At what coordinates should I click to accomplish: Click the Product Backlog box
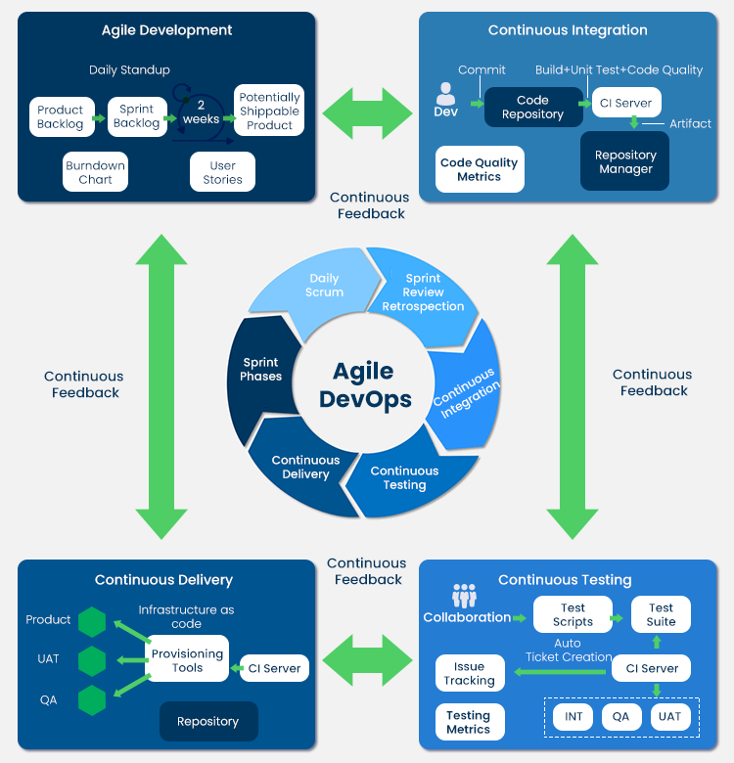61,117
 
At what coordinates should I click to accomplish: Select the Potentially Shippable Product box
269,111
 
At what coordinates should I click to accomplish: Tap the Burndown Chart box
95,173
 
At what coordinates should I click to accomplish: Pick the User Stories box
222,173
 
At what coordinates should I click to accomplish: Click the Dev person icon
445,94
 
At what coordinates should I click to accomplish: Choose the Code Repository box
532,108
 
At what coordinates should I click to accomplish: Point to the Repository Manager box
625,161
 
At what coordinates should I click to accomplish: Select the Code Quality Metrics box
480,169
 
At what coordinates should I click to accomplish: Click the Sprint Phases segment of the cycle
261,370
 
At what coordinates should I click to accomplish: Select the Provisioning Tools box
187,659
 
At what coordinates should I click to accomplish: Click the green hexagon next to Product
92,621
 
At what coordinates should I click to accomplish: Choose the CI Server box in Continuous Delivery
274,668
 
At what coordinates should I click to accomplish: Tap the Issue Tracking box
470,673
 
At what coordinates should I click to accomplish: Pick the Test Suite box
661,614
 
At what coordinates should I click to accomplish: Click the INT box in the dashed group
573,716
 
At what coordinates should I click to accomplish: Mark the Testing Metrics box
469,722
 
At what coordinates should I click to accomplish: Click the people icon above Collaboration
464,596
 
